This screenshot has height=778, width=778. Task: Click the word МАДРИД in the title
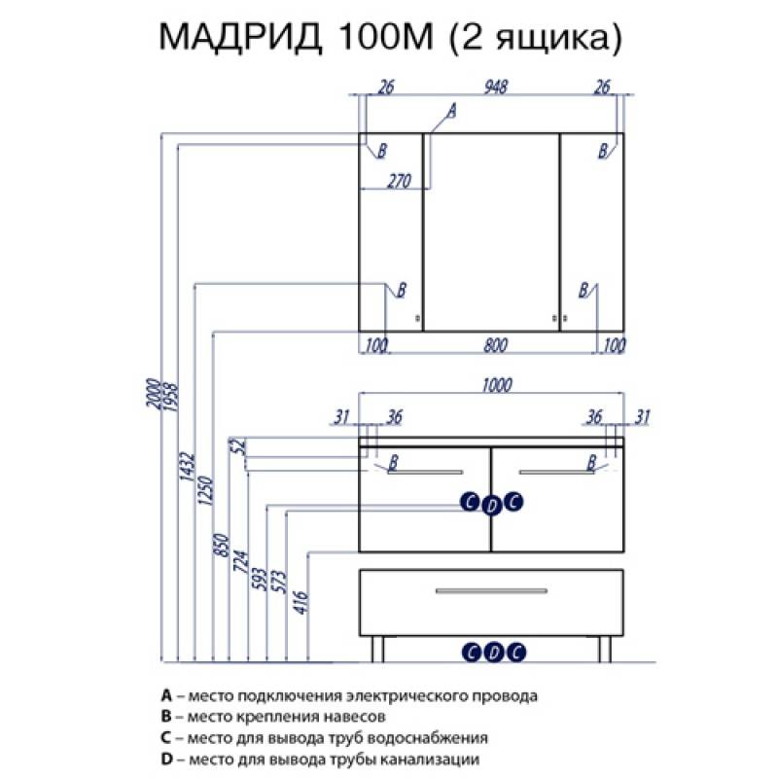click(240, 36)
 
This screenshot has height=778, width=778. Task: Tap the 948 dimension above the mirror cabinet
click(496, 87)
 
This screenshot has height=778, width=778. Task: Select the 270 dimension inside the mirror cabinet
click(399, 181)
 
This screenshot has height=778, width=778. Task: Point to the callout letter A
click(451, 111)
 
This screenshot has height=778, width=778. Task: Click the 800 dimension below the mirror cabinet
click(496, 345)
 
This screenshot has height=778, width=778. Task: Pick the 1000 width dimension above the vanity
click(497, 385)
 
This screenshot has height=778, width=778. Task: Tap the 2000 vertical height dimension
click(153, 393)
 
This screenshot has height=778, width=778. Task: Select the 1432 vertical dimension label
click(187, 467)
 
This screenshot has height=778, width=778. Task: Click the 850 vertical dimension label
click(222, 545)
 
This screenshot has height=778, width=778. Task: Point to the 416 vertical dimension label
click(301, 602)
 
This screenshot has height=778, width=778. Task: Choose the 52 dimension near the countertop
click(239, 446)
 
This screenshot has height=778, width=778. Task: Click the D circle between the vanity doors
click(492, 506)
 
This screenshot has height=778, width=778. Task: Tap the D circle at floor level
click(494, 652)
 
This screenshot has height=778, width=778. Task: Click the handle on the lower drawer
click(491, 590)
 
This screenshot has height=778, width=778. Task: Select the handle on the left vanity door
click(425, 472)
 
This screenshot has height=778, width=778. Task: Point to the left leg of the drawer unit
click(377, 649)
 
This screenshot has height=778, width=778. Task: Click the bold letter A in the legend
click(166, 695)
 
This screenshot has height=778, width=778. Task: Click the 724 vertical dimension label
click(240, 561)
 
